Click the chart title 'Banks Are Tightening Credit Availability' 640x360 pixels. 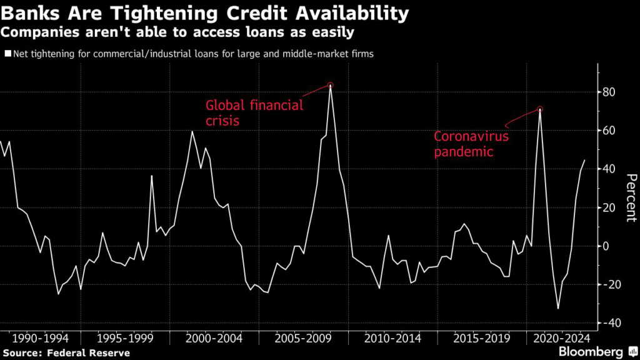206,13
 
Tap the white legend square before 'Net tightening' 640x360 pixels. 7,54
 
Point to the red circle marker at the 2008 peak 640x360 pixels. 331,85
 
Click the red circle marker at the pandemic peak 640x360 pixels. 540,109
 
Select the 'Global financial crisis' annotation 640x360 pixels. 254,112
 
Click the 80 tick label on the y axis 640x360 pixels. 610,92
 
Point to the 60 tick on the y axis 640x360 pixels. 610,131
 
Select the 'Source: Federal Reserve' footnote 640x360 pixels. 66,353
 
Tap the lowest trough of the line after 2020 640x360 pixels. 558,309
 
